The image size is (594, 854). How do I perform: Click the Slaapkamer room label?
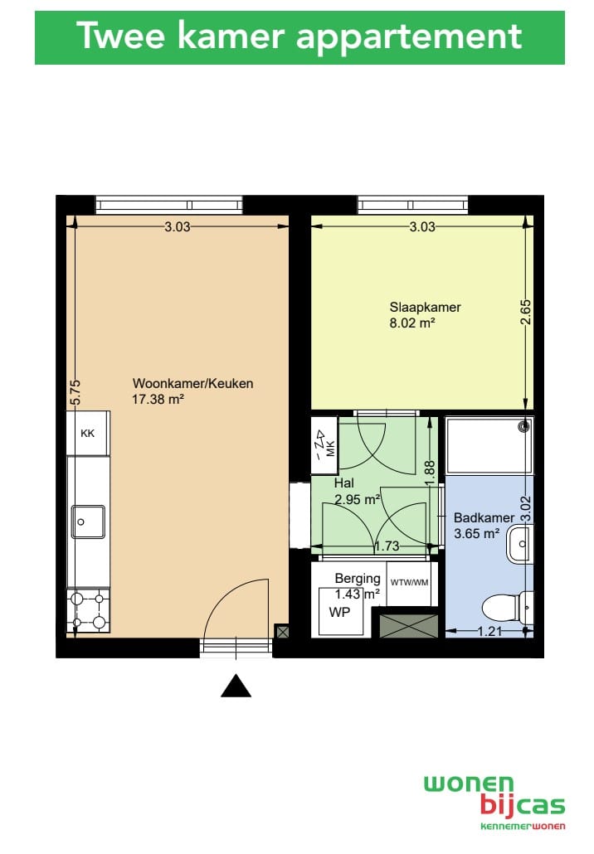click(425, 307)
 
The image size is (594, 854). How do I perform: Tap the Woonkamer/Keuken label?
click(193, 383)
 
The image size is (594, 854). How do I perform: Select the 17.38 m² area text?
click(158, 399)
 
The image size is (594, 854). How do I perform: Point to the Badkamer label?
click(484, 517)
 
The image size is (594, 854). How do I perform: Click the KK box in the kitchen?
click(88, 434)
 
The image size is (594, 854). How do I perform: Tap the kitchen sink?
click(88, 522)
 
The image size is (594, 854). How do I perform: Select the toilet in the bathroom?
click(508, 607)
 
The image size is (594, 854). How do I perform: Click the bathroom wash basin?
click(519, 544)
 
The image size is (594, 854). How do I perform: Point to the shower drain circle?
click(526, 426)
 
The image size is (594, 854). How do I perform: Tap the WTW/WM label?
click(409, 582)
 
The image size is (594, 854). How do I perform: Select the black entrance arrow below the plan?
click(236, 686)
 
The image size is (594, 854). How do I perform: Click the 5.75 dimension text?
click(75, 392)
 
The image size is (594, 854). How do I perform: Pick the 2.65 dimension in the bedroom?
click(525, 313)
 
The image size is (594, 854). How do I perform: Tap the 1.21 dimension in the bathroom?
click(489, 631)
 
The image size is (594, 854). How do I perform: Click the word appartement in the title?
click(409, 37)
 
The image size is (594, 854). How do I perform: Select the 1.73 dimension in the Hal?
click(387, 546)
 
